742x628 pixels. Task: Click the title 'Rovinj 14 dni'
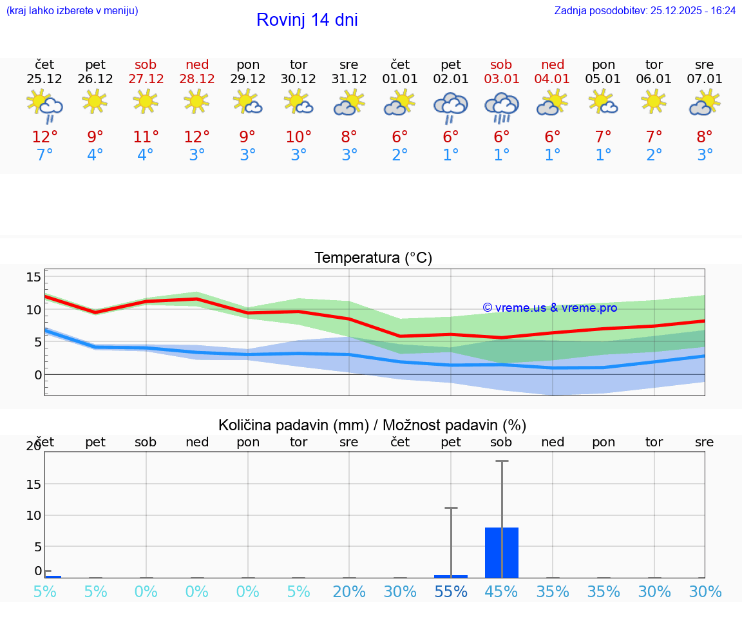(307, 20)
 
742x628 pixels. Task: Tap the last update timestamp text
(645, 10)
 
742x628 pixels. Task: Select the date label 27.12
(146, 79)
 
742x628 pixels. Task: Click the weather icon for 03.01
(501, 107)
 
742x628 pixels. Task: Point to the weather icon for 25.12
(44, 106)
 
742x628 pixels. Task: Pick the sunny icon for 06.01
(654, 102)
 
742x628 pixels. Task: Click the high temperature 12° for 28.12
(196, 137)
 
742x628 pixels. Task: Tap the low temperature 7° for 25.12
(44, 155)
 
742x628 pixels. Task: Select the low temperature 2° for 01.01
(400, 155)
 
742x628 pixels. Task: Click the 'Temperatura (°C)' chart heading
(373, 258)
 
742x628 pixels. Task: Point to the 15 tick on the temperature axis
(33, 277)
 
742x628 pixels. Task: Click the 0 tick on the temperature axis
(38, 375)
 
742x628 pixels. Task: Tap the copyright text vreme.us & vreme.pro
(549, 308)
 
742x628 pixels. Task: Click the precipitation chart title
(372, 425)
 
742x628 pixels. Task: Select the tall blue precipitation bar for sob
(501, 552)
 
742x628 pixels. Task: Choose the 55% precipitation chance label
(451, 591)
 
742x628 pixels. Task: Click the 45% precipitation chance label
(501, 591)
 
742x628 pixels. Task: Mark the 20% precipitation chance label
(349, 591)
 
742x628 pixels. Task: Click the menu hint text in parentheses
(72, 10)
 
